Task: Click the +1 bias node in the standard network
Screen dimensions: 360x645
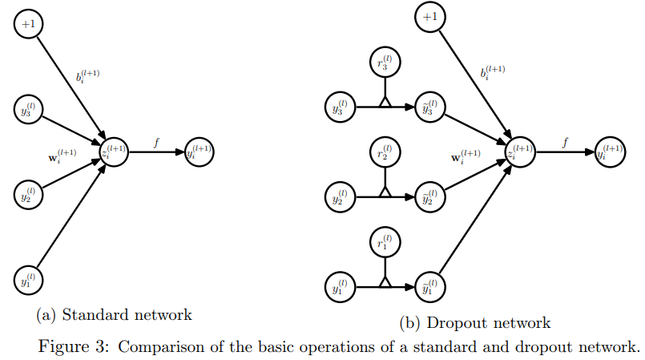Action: point(30,24)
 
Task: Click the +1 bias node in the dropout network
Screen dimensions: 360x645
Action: point(431,16)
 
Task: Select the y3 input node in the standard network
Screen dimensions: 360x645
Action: point(30,110)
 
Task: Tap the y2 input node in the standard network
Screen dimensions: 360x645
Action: point(30,193)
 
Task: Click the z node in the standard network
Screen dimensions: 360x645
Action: point(114,152)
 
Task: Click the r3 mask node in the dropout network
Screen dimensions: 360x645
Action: point(385,63)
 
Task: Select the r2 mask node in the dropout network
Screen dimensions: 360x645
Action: point(385,152)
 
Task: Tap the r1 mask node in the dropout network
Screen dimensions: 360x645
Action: point(385,241)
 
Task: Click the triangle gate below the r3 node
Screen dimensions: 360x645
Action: point(385,102)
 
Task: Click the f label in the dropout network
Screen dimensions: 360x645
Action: point(566,143)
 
